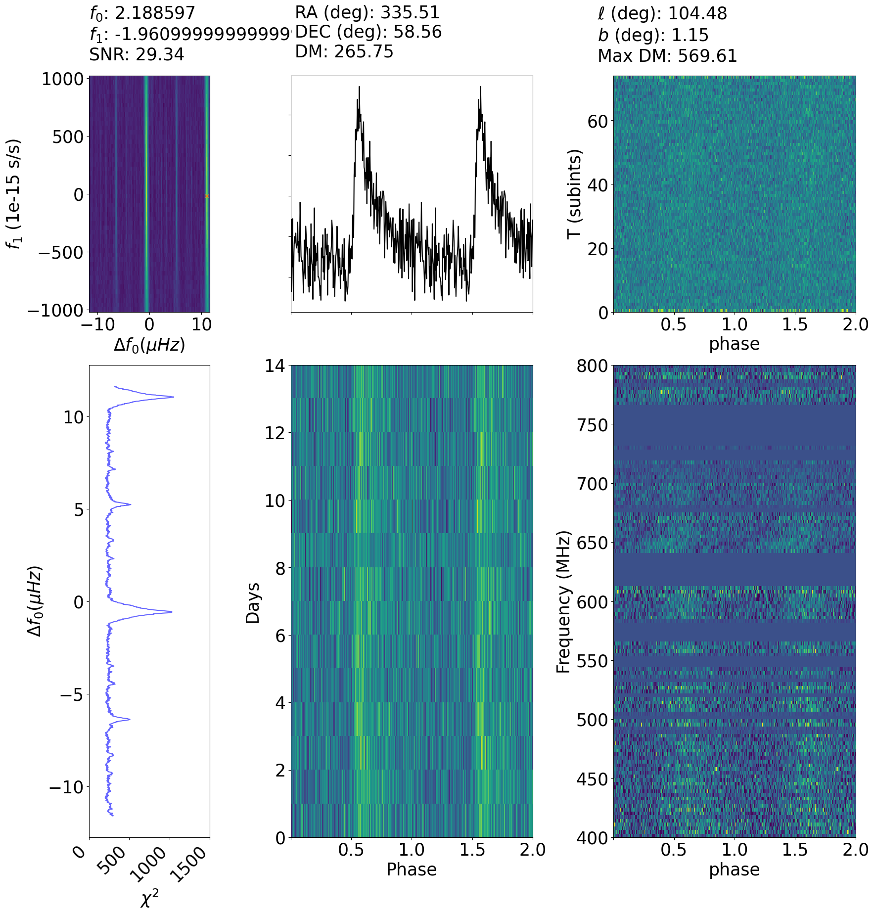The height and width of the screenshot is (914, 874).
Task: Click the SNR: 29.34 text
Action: tap(137, 54)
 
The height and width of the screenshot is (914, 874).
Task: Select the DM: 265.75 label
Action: tap(344, 51)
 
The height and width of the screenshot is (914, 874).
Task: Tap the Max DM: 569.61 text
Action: tap(667, 56)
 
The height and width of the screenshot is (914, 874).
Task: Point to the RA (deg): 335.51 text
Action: tap(367, 13)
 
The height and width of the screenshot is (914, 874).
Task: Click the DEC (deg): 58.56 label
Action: tap(368, 32)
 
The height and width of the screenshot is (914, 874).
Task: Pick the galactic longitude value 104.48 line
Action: tap(662, 13)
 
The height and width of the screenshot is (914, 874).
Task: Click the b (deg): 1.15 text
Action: tap(653, 35)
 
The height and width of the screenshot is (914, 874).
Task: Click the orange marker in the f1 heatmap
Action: tap(207, 196)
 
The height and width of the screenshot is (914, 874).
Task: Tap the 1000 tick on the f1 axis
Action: tap(62, 79)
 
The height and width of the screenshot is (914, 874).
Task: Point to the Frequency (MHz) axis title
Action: tap(563, 602)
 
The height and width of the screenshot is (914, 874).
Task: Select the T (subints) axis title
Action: tap(574, 194)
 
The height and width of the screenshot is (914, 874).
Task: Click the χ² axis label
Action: tap(149, 899)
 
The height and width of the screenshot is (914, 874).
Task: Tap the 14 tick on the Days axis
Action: tap(275, 366)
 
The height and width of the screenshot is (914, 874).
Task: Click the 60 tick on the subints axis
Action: tap(597, 121)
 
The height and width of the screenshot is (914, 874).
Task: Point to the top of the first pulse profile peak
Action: tap(359, 87)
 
